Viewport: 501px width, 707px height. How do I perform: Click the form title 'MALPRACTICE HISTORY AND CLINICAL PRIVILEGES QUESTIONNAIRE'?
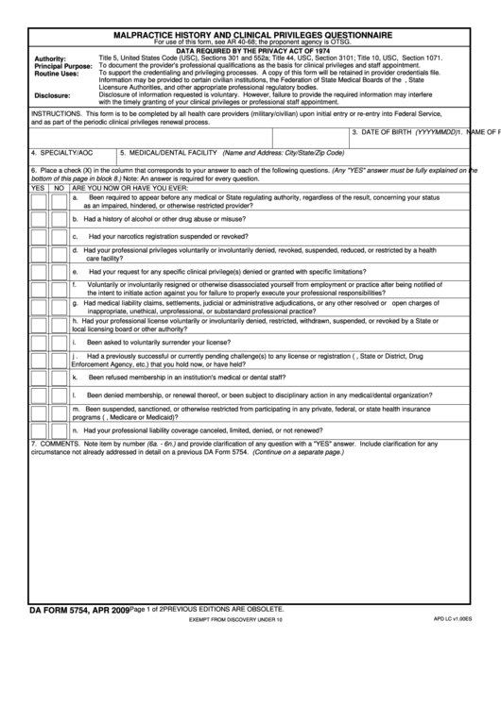point(251,34)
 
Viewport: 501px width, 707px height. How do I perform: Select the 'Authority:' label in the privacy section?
point(50,59)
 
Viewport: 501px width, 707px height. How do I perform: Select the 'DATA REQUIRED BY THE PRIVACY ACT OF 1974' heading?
point(251,49)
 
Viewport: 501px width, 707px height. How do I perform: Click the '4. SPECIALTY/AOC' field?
point(62,152)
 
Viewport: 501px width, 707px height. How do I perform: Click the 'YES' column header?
point(38,188)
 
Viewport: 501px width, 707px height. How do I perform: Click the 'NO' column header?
point(59,188)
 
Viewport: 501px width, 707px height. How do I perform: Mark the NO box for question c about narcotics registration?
point(59,236)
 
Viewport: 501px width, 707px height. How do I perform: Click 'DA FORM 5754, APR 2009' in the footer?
point(78,612)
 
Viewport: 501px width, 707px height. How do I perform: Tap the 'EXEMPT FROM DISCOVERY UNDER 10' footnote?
point(235,622)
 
